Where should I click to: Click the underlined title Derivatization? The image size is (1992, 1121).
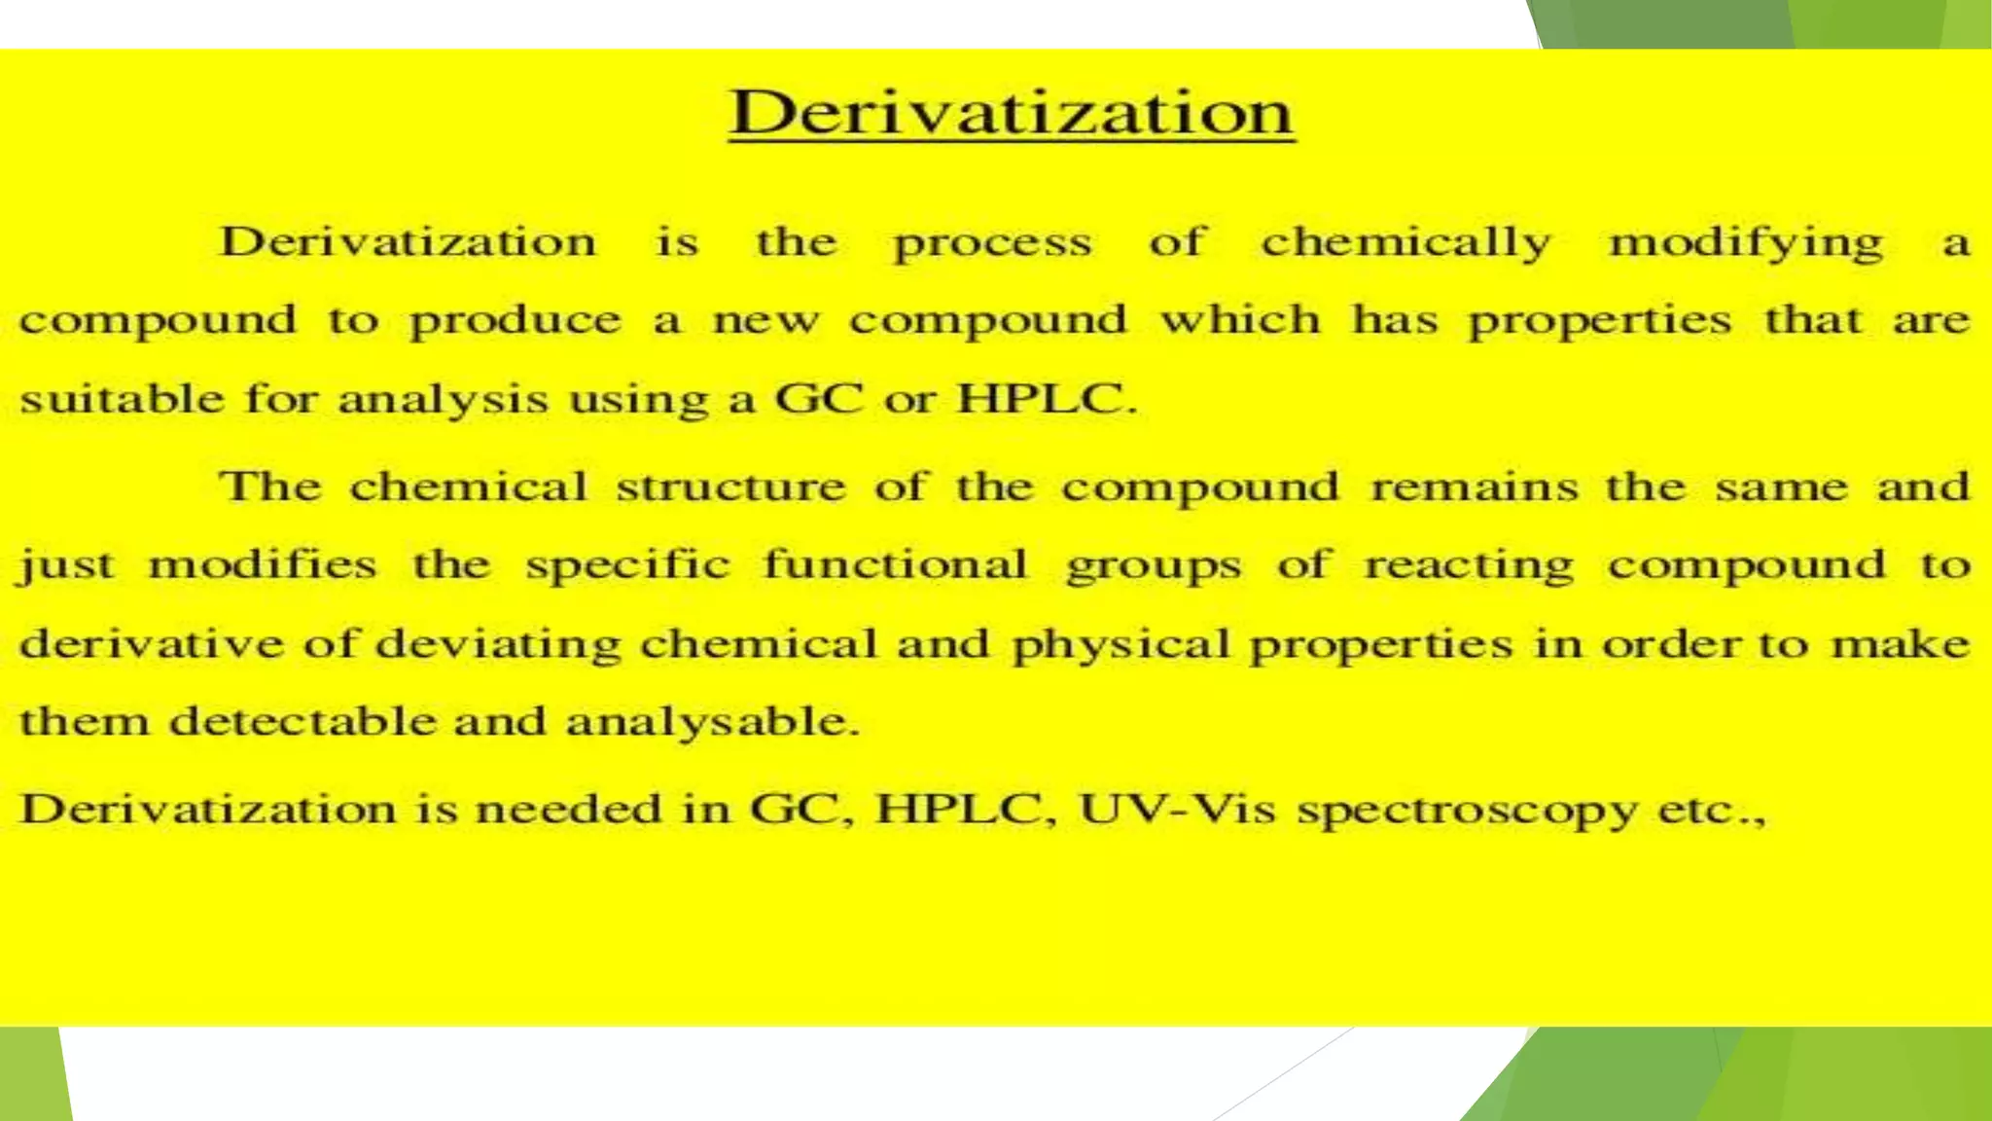tap(1012, 113)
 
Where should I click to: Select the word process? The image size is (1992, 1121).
tap(992, 243)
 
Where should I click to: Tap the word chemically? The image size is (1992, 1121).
tap(1406, 243)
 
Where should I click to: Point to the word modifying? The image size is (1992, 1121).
tap(1746, 243)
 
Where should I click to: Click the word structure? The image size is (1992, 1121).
tap(730, 487)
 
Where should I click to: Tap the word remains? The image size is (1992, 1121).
tap(1474, 487)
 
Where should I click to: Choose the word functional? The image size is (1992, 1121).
tap(895, 564)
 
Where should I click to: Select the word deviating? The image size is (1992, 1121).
tap(498, 644)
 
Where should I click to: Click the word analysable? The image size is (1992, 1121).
tap(712, 722)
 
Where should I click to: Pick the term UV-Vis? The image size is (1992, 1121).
tap(1177, 809)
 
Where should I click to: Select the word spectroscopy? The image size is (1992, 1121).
tap(1467, 811)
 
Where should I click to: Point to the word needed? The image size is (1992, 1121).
tap(569, 809)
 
